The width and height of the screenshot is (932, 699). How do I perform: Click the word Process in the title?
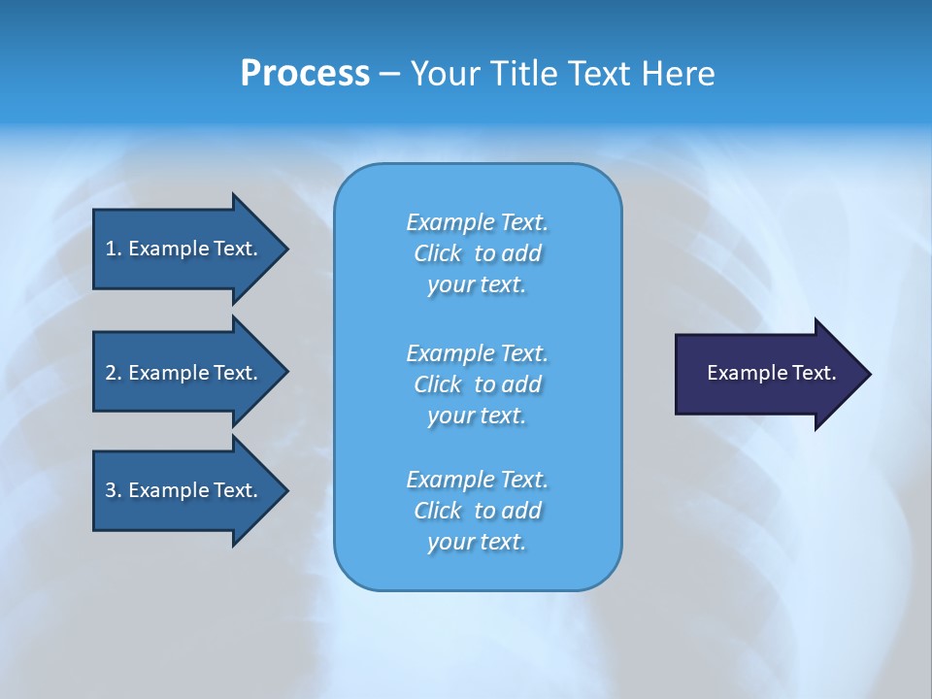(x=305, y=74)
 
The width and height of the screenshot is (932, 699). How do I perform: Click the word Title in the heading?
(x=524, y=74)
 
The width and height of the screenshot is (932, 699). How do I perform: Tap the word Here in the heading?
(x=679, y=74)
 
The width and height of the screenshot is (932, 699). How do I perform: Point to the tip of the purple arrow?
(x=868, y=374)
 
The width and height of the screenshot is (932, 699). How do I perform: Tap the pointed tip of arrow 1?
(x=285, y=249)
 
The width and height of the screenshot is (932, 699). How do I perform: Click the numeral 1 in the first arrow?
(x=111, y=249)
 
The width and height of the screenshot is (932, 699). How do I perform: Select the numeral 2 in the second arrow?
(x=111, y=373)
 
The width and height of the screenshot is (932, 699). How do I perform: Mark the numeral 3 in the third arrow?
(x=111, y=490)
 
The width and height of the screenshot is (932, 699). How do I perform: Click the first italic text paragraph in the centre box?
(x=477, y=253)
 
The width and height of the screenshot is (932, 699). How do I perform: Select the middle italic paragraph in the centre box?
(x=477, y=384)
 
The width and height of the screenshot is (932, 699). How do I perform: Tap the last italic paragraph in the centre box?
(x=477, y=511)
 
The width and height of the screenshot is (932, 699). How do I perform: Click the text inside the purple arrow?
(x=772, y=373)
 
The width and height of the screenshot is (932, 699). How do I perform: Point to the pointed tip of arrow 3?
(x=285, y=490)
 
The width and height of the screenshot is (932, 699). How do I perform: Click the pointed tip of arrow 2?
(x=285, y=372)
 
